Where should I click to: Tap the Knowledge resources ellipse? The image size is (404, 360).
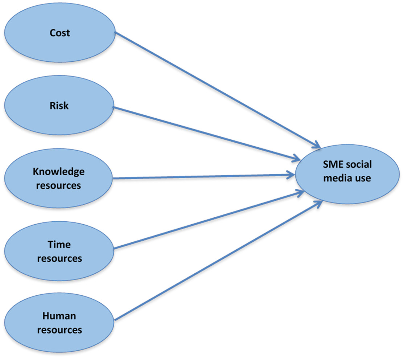pos(59,178)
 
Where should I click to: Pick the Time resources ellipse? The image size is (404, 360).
pos(59,251)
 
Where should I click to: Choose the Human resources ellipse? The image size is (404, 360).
pos(59,323)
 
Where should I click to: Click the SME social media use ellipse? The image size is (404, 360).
pos(347,171)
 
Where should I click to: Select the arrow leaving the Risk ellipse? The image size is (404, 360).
pos(207,133)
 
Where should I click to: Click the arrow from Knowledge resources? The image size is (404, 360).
pos(203,177)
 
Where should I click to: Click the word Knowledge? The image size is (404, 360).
pos(58,171)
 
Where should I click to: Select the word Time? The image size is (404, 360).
pos(59,245)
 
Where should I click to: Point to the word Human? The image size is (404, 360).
pos(59,316)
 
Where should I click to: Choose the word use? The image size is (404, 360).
pos(363,178)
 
